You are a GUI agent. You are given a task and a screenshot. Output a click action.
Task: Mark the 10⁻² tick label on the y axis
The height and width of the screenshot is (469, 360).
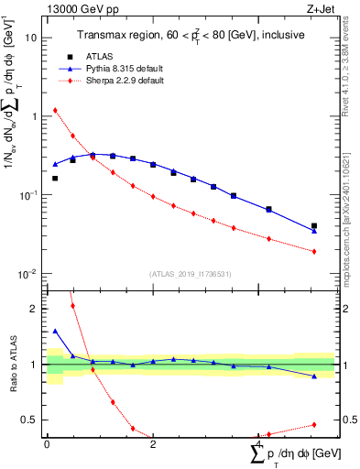point(29,273)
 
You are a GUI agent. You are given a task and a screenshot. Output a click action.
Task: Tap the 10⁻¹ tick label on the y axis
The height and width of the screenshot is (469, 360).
point(29,195)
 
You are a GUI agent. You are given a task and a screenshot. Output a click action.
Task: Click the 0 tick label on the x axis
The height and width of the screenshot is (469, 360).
point(47,444)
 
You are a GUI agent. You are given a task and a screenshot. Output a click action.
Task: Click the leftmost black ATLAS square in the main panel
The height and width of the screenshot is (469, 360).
point(55,179)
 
